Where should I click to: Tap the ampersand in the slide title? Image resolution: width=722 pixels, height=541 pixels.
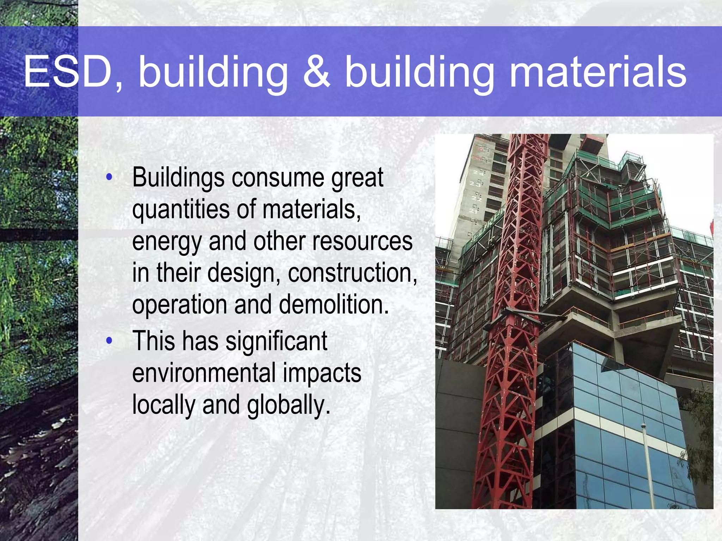(x=317, y=72)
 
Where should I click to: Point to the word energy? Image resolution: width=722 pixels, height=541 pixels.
(x=167, y=242)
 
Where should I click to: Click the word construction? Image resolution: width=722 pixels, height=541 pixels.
(x=353, y=273)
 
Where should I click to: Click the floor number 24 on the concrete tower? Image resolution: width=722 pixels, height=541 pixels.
(x=478, y=173)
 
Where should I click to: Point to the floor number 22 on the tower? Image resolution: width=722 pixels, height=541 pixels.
(x=477, y=199)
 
